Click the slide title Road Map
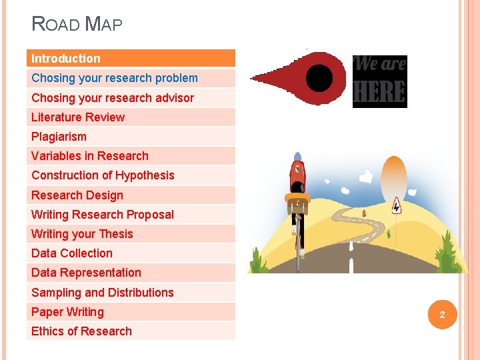77,25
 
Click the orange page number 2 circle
441,314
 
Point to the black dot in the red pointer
319,78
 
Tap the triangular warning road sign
396,206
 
